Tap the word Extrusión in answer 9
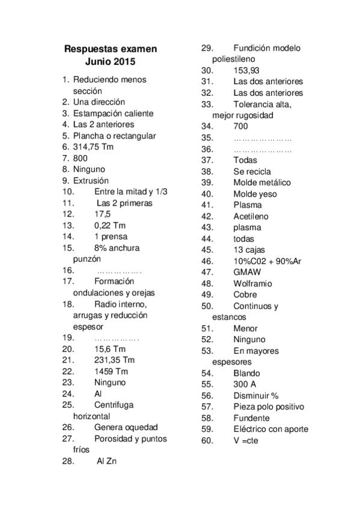[x=91, y=180]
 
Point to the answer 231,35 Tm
[x=115, y=360]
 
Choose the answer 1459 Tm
[x=111, y=371]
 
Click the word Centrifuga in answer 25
[x=114, y=405]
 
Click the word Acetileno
[x=251, y=216]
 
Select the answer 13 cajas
[x=249, y=250]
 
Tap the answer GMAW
[x=246, y=272]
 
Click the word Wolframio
[x=253, y=283]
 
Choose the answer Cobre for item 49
[x=245, y=295]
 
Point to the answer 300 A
[x=246, y=384]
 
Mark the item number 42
[x=207, y=216]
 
